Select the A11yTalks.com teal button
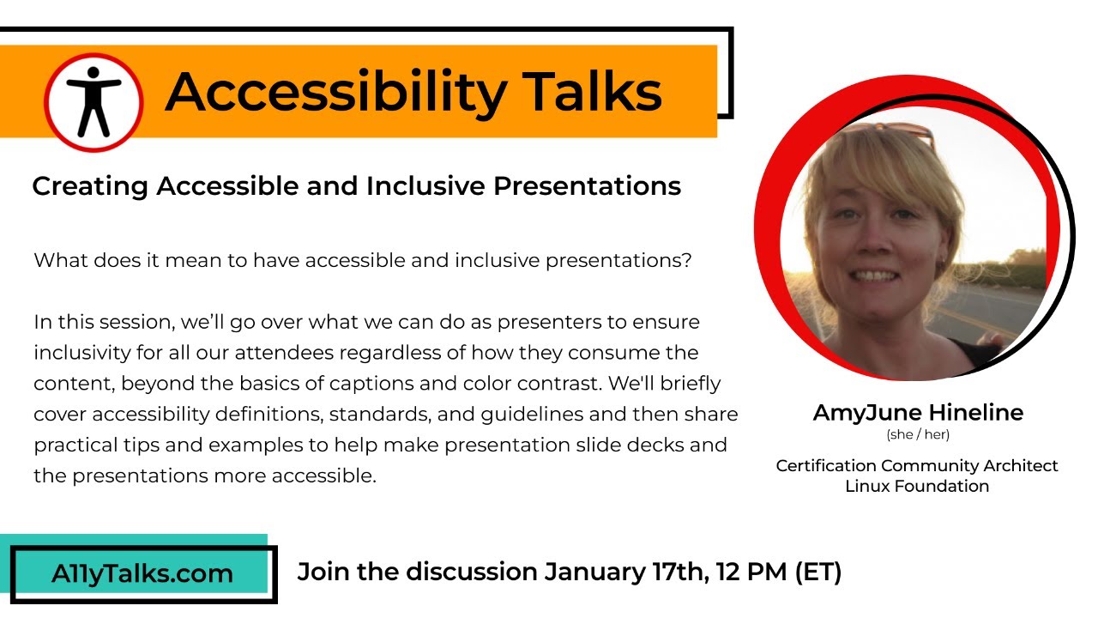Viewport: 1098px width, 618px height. pyautogui.click(x=142, y=573)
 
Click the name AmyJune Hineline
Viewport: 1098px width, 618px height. pyautogui.click(x=918, y=413)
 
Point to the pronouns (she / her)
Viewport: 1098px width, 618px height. pyautogui.click(x=918, y=435)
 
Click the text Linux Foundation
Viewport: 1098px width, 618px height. pyautogui.click(x=917, y=487)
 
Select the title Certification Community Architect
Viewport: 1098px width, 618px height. pyautogui.click(x=917, y=466)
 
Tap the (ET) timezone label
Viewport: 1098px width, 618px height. pyautogui.click(x=817, y=572)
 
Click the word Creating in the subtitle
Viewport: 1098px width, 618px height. pyautogui.click(x=90, y=186)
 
